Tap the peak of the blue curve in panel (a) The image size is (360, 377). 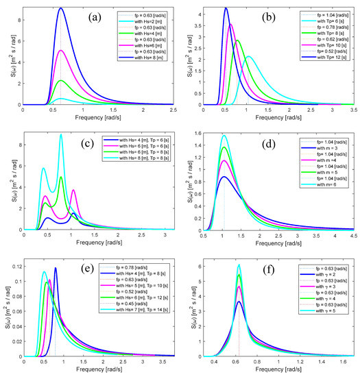click(61, 8)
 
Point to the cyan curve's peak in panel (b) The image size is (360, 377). click(248, 56)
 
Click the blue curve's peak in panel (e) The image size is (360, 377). click(56, 268)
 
